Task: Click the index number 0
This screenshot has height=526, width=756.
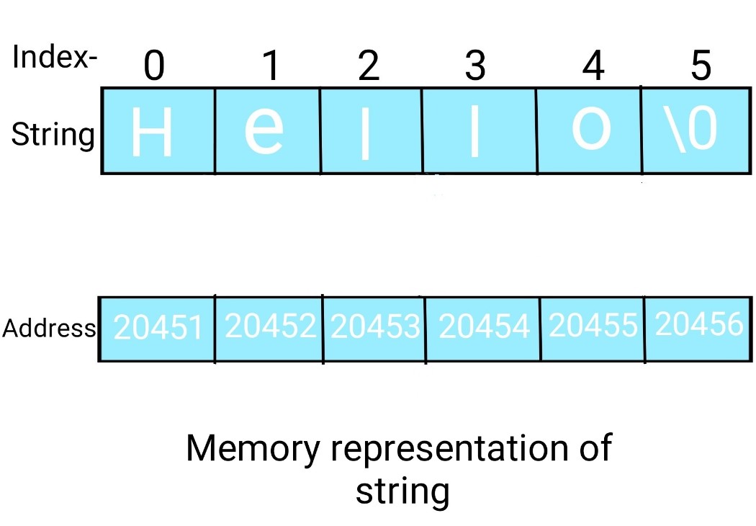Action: (154, 67)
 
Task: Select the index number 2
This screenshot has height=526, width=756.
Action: (368, 67)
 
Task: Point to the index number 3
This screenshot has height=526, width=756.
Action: (474, 67)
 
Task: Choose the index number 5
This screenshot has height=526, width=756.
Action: (700, 67)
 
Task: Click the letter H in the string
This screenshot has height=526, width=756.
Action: (153, 134)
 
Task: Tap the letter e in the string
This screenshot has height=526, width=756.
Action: (264, 132)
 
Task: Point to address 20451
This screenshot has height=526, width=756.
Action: (158, 329)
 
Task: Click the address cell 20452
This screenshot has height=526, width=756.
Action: (270, 326)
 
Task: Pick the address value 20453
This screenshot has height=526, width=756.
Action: (375, 327)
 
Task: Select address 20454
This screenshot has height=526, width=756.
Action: (484, 327)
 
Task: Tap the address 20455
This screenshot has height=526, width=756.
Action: (593, 326)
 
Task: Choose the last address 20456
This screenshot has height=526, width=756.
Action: (698, 325)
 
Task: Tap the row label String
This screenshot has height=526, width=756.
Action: (53, 135)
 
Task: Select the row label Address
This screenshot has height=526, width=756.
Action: (49, 329)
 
